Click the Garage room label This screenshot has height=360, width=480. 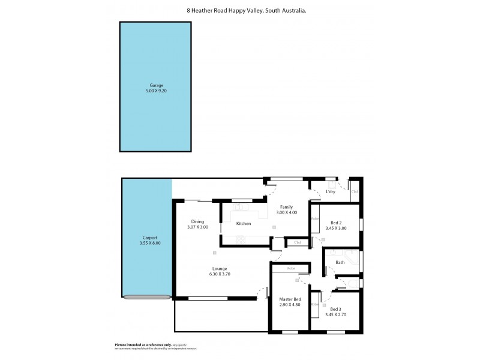click(156, 85)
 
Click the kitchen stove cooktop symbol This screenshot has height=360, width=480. click(241, 241)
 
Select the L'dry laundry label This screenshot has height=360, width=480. click(330, 192)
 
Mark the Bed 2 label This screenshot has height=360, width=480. click(335, 222)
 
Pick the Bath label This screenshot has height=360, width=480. click(340, 262)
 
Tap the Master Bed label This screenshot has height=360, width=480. click(290, 299)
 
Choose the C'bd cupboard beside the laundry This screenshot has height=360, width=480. click(354, 191)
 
